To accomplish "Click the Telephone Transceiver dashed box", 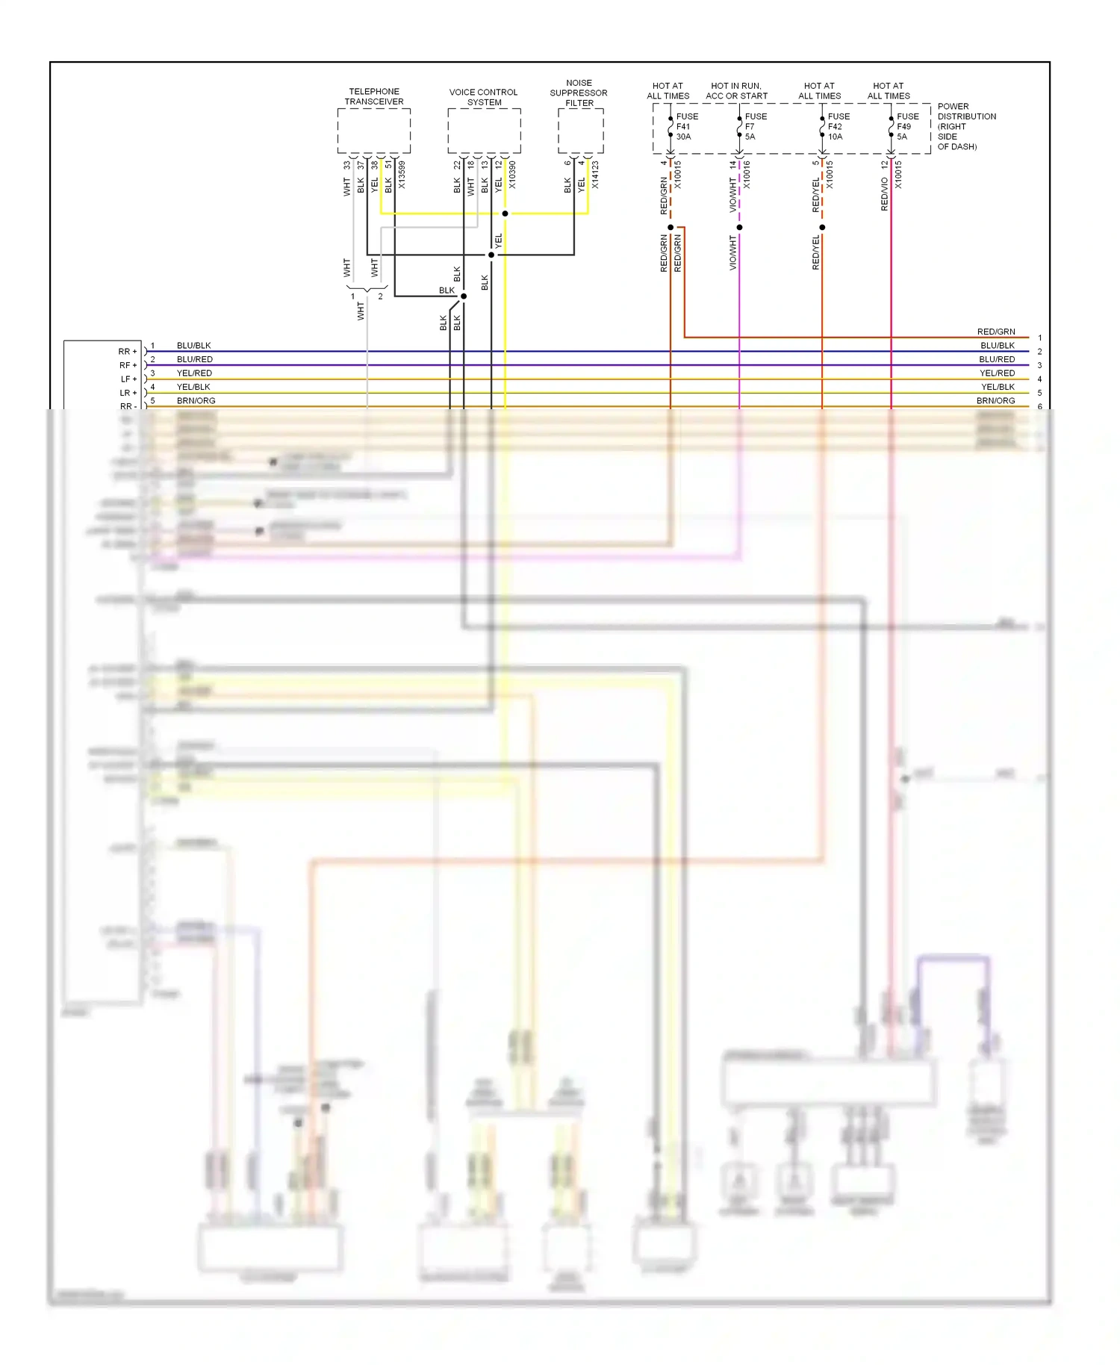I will pyautogui.click(x=373, y=131).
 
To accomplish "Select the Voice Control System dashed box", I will pyautogui.click(x=484, y=131).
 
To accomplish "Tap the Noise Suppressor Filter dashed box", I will pyautogui.click(x=580, y=131).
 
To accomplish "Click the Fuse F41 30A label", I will pyautogui.click(x=686, y=126).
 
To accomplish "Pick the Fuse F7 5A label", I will pyautogui.click(x=755, y=126).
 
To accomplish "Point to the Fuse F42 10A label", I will pyautogui.click(x=838, y=126).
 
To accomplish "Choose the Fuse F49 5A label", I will pyautogui.click(x=906, y=126).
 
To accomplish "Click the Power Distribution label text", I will pyautogui.click(x=966, y=126).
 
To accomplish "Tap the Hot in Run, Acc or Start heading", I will pyautogui.click(x=736, y=90).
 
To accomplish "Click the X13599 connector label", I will pyautogui.click(x=402, y=175).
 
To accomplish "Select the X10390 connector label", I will pyautogui.click(x=512, y=175).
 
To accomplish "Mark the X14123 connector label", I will pyautogui.click(x=595, y=175).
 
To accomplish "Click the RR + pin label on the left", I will pyautogui.click(x=128, y=351).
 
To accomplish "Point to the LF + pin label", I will pyautogui.click(x=128, y=379).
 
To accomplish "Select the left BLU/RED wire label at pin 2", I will pyautogui.click(x=194, y=359).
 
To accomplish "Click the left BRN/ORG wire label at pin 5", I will pyautogui.click(x=196, y=400).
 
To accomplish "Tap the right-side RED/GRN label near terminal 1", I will pyautogui.click(x=995, y=332).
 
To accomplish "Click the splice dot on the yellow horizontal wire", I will pyautogui.click(x=505, y=214).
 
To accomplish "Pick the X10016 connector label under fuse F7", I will pyautogui.click(x=747, y=175).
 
